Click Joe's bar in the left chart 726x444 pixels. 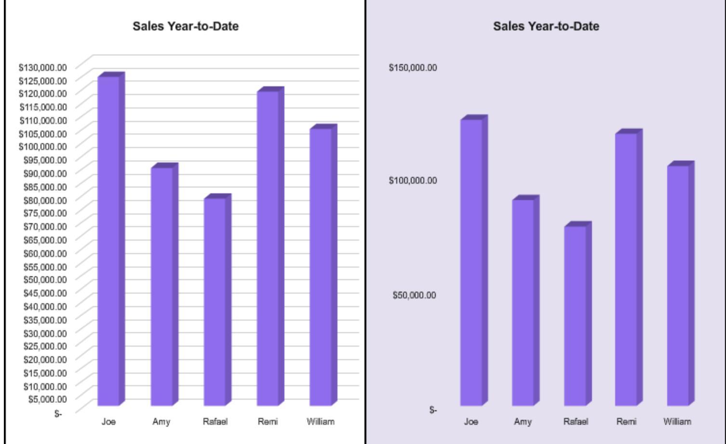point(109,241)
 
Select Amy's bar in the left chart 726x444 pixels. point(162,286)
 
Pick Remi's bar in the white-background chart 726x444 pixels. point(268,248)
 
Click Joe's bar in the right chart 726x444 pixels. point(471,262)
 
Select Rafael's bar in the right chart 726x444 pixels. point(575,316)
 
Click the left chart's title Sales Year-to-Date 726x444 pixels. point(186,26)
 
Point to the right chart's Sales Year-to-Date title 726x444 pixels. point(546,26)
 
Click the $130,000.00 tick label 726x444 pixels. point(43,67)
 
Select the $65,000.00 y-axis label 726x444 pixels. point(45,240)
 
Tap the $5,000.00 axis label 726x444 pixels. point(47,399)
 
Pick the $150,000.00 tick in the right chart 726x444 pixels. point(413,67)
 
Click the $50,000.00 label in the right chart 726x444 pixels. point(415,295)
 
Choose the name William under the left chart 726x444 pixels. point(321,421)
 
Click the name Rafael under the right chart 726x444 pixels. point(576,421)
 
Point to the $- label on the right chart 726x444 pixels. point(433,410)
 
